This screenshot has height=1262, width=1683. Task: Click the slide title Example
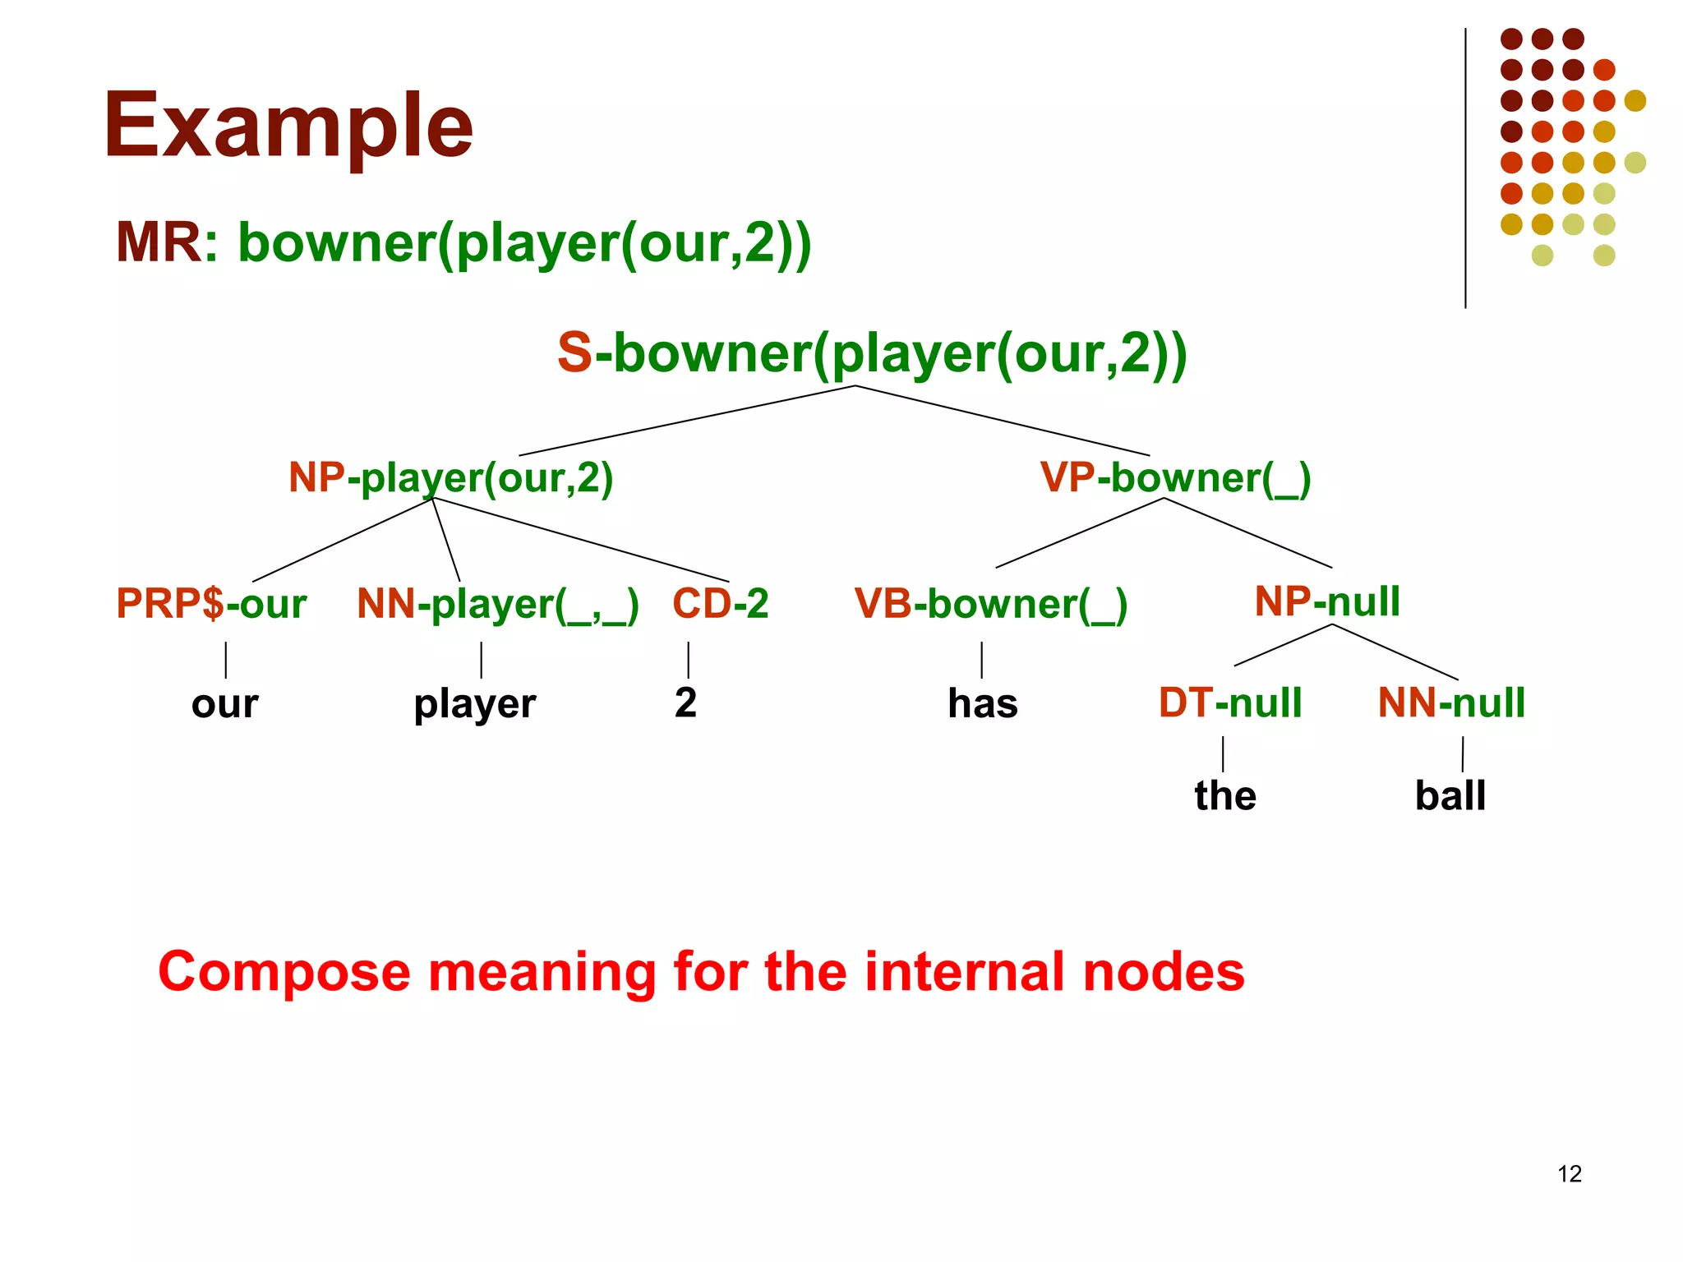[288, 125]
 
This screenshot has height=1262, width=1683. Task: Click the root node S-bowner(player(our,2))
[871, 353]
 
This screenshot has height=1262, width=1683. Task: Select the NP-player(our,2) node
[450, 477]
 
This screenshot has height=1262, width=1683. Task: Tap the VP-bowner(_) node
[1175, 477]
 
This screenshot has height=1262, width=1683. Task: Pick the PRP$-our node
[211, 604]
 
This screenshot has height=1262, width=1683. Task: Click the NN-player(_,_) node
[497, 605]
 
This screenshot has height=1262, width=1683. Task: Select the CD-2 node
[720, 604]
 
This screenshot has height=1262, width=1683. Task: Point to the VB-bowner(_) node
[990, 605]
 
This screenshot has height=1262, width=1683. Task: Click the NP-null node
[1327, 601]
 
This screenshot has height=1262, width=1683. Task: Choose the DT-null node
[1230, 703]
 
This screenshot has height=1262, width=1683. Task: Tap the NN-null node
[1451, 703]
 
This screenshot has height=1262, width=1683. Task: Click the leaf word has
[983, 704]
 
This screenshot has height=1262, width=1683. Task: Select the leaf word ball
[1450, 795]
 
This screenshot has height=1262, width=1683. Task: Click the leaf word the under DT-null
[1225, 795]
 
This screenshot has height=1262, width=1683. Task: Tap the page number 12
[1570, 1174]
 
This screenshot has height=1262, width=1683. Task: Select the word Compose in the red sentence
[284, 972]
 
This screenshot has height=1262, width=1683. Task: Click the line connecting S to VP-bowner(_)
[1003, 420]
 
